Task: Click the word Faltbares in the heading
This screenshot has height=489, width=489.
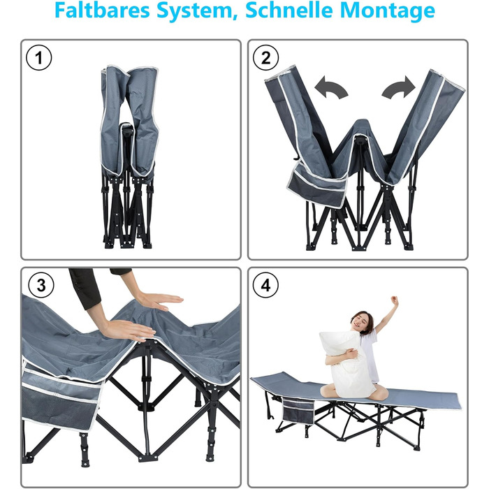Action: [102, 10]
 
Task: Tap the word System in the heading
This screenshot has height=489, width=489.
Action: [195, 11]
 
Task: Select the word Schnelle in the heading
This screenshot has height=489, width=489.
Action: [289, 10]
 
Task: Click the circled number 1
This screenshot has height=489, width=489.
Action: [38, 58]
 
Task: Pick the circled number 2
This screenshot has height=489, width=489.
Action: [265, 58]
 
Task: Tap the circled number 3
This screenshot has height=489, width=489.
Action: [41, 285]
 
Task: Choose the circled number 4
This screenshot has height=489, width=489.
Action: [265, 285]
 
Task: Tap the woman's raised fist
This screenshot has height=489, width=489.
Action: [395, 300]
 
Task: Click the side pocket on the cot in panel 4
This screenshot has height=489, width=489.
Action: [298, 410]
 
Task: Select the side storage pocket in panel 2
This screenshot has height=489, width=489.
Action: [316, 187]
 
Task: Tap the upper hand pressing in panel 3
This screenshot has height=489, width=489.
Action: [160, 301]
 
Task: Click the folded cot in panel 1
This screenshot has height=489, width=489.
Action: [129, 157]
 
